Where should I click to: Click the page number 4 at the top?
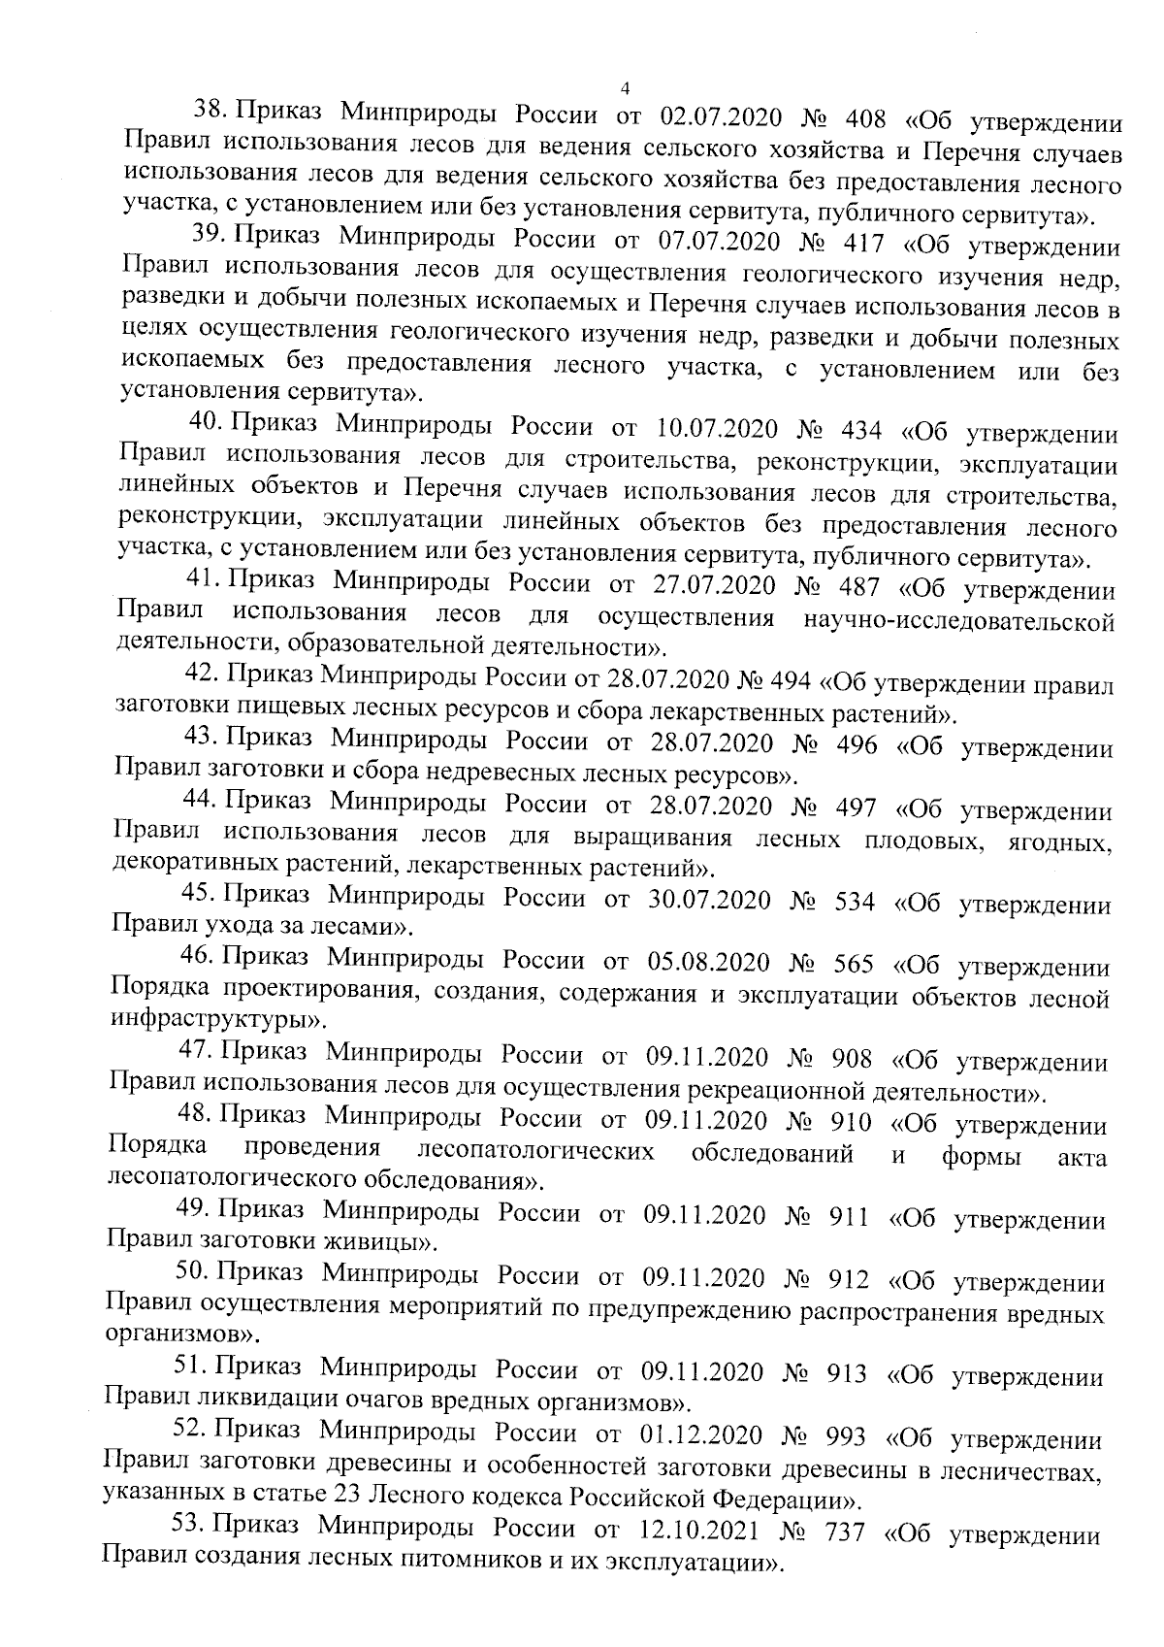(x=624, y=89)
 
